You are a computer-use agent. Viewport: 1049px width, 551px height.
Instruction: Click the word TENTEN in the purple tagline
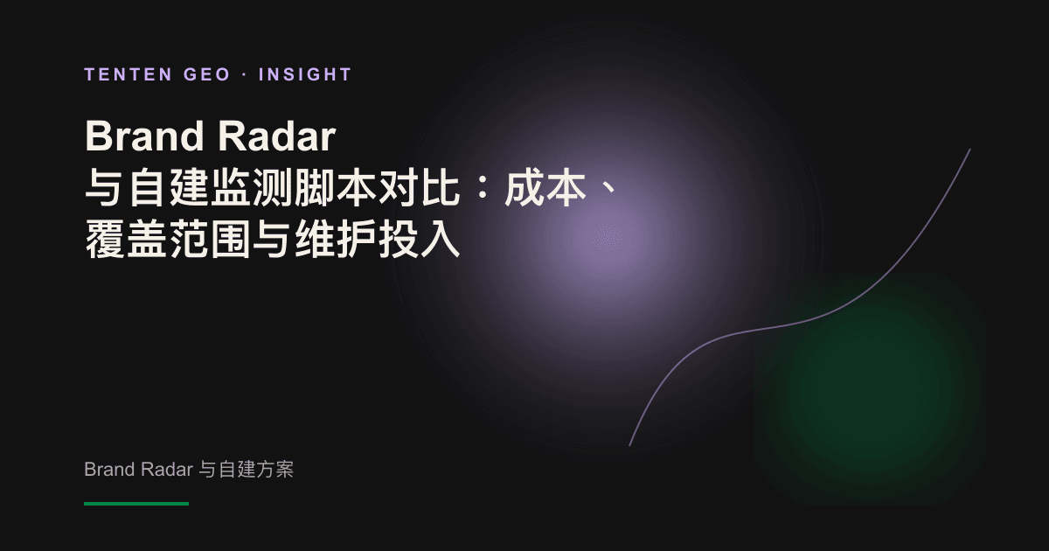(129, 74)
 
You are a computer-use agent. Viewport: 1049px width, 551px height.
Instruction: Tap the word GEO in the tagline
(207, 74)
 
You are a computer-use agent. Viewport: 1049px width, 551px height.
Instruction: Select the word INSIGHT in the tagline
(305, 74)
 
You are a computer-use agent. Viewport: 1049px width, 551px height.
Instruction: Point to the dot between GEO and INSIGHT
(245, 75)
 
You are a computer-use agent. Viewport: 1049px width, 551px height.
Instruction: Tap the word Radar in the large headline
(277, 136)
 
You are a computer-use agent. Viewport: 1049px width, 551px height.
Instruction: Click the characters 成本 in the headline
(545, 188)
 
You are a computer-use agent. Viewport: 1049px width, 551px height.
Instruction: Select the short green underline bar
(136, 504)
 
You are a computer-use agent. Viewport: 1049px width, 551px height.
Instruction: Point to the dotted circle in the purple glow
(608, 238)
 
